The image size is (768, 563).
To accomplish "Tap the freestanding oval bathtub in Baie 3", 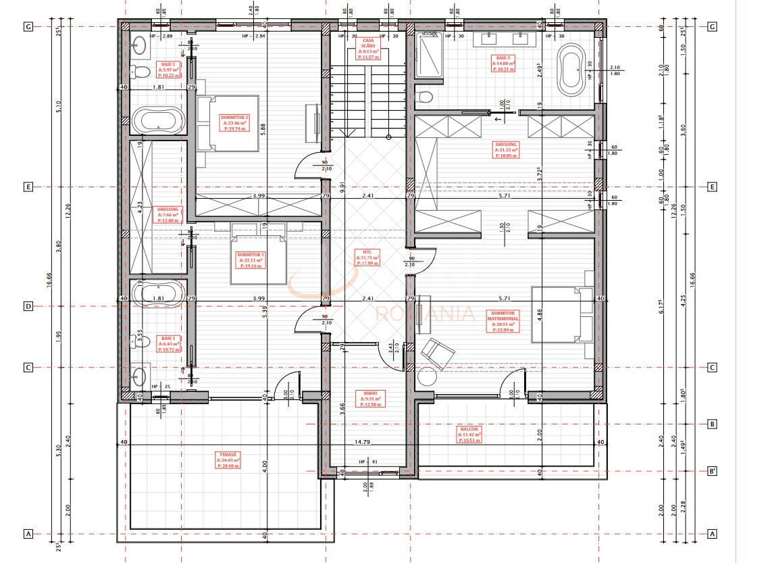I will [x=573, y=68].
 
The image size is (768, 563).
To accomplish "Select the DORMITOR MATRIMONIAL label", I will [x=503, y=320].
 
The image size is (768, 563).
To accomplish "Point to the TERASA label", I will [x=228, y=461].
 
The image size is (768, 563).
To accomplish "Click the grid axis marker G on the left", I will [x=28, y=26].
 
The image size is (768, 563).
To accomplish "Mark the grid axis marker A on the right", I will [x=712, y=533].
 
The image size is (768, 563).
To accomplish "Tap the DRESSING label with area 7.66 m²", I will [x=168, y=214].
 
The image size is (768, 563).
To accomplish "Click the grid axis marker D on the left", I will [x=28, y=305].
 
